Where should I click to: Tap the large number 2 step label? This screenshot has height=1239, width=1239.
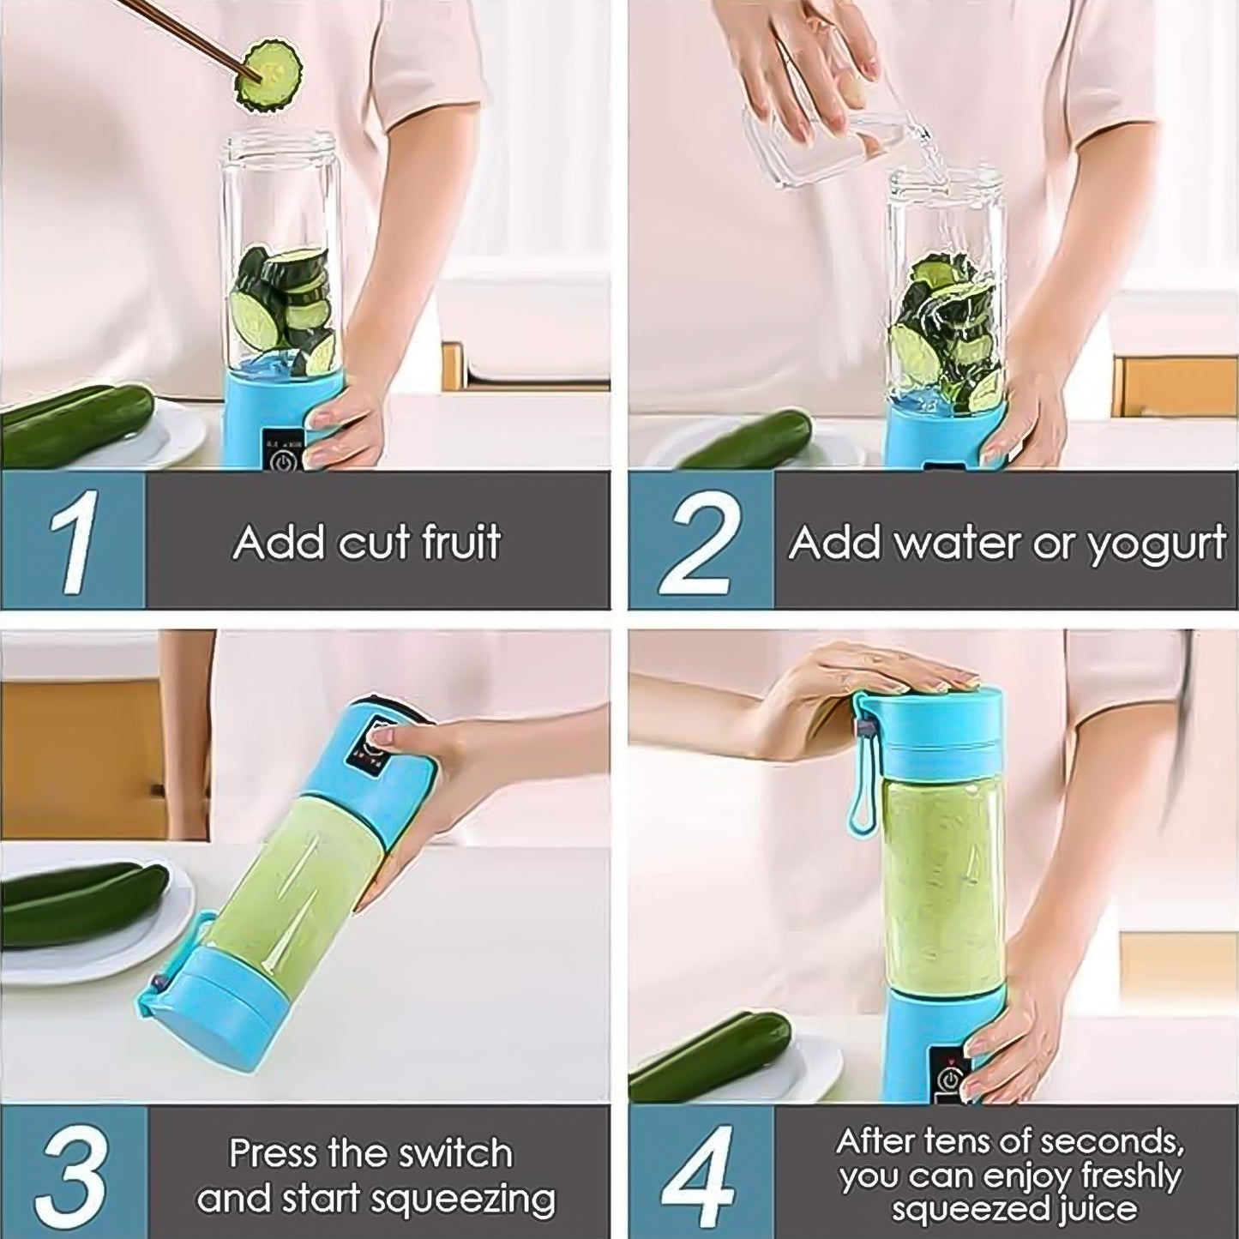pos(699,542)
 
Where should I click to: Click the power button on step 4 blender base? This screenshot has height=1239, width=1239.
pos(951,1077)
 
